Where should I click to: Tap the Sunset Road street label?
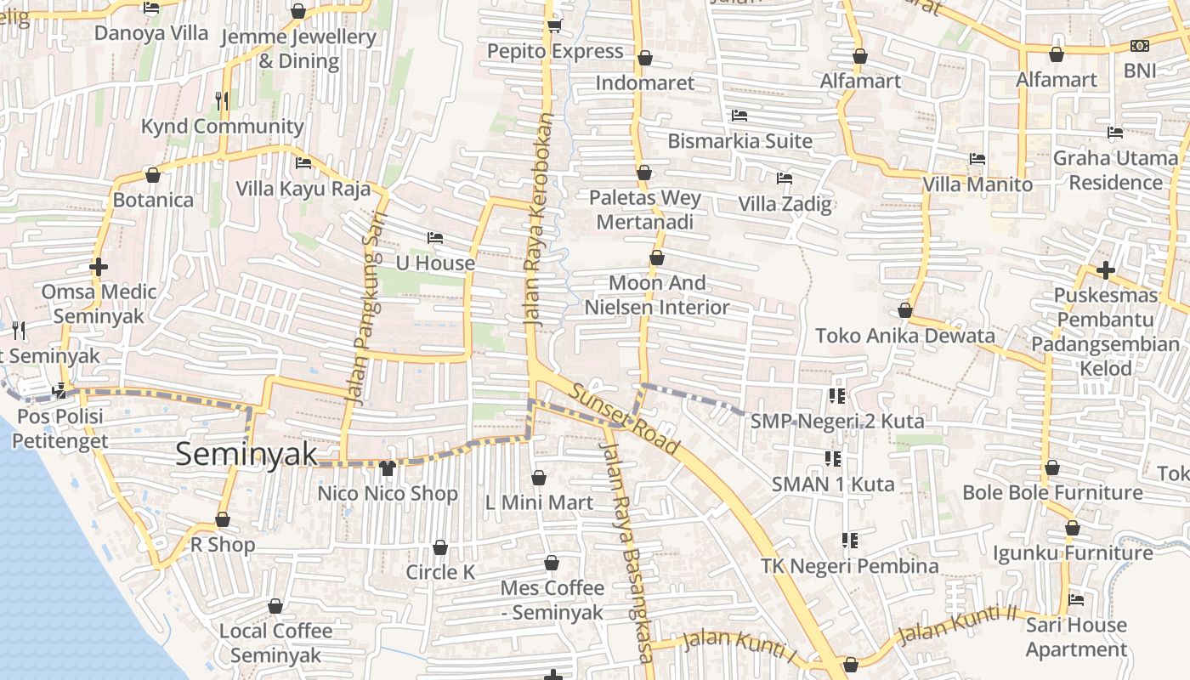(625, 419)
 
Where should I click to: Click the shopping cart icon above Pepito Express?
(555, 26)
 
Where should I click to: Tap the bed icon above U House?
(435, 238)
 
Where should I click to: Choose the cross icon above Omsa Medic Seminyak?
(99, 267)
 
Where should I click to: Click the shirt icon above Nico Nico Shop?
(388, 467)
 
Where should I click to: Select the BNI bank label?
(1140, 70)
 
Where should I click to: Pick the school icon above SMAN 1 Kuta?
(833, 459)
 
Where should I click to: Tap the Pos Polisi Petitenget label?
(60, 428)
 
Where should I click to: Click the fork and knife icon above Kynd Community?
(222, 100)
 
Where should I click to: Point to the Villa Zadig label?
(785, 204)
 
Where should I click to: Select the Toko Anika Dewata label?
(905, 335)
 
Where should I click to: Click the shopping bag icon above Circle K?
(440, 547)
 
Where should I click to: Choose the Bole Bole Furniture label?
(1052, 492)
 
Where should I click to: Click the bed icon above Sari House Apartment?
(1076, 600)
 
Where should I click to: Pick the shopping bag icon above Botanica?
(153, 175)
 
